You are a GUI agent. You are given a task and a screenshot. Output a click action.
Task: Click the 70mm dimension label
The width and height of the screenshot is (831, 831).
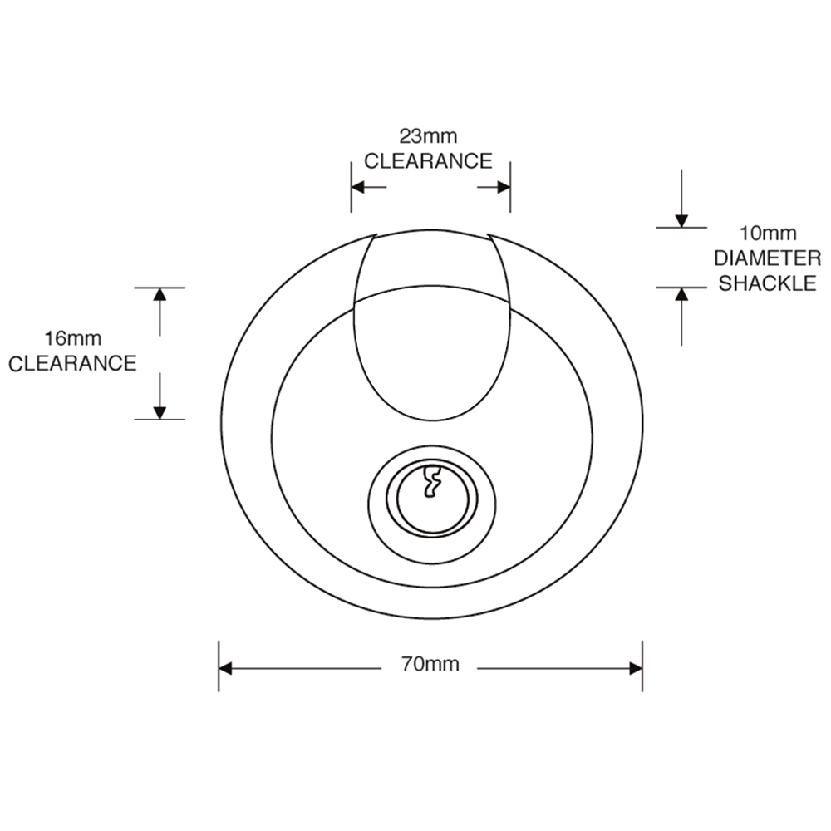click(x=430, y=664)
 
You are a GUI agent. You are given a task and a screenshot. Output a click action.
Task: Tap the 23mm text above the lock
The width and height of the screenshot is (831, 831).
click(x=428, y=136)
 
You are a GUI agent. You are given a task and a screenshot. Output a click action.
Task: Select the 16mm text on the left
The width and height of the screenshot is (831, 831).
click(x=72, y=338)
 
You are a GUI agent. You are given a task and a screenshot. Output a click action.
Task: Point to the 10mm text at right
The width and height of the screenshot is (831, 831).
click(x=768, y=233)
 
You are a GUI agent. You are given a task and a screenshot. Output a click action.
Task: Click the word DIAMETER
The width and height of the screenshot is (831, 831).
click(x=767, y=258)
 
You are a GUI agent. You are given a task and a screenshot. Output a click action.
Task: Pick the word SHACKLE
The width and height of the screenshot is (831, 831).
click(x=767, y=283)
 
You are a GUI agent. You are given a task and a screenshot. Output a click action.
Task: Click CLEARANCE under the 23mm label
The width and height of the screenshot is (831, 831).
click(x=428, y=161)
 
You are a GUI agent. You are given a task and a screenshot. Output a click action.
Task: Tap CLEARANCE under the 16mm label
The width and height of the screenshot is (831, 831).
click(x=72, y=364)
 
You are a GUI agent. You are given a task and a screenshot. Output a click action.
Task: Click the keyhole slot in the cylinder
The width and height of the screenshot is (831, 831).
click(x=432, y=481)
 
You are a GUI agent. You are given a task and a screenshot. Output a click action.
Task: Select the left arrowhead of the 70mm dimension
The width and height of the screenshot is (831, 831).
click(x=226, y=668)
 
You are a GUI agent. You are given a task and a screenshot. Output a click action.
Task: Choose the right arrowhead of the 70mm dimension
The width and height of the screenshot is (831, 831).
click(x=636, y=668)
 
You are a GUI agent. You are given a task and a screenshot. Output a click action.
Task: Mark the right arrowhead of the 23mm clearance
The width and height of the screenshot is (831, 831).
click(x=503, y=186)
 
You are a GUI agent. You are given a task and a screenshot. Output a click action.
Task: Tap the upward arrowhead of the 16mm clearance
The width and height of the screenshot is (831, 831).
click(x=160, y=294)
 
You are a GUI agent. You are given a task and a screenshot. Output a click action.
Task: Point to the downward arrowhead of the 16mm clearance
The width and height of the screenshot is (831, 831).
click(x=160, y=413)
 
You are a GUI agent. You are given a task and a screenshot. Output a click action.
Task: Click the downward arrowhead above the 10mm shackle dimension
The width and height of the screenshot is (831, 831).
click(x=681, y=221)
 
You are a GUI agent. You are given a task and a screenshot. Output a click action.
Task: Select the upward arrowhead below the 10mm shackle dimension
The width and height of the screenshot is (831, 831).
click(x=681, y=294)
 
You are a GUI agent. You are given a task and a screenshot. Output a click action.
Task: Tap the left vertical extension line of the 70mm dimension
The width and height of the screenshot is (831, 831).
click(x=219, y=666)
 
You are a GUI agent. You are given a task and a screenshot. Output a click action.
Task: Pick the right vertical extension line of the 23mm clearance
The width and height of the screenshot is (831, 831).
click(x=510, y=186)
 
